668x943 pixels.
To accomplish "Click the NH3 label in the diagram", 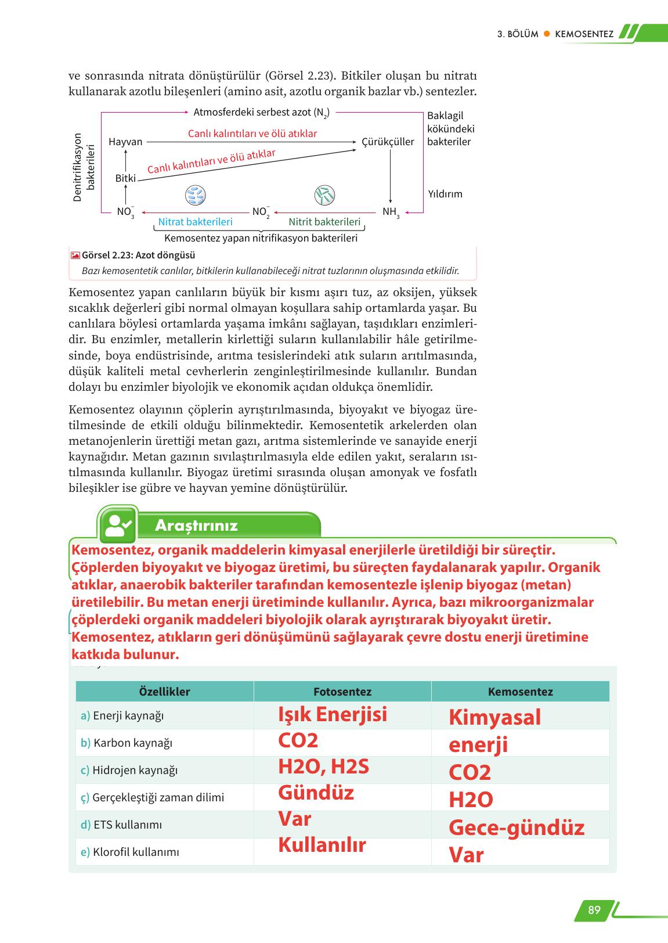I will [x=391, y=213].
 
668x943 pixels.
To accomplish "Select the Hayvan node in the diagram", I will [x=125, y=142].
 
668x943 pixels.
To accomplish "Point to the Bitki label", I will [x=125, y=178].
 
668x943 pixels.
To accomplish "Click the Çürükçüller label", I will [x=388, y=142].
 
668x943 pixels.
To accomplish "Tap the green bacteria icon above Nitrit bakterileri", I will [x=324, y=196].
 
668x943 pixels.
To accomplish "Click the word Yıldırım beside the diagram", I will [x=445, y=194].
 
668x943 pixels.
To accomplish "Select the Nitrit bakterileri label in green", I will [x=324, y=222].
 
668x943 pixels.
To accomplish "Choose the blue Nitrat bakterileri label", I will [x=195, y=222].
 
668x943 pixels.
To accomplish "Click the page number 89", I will [x=594, y=910].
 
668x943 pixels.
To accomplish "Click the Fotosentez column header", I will [x=342, y=692].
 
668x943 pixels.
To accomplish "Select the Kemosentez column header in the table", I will [x=520, y=692].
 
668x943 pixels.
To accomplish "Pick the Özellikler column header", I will [x=164, y=692].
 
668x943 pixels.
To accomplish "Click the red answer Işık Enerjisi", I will [x=333, y=714].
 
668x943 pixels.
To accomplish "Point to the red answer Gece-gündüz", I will [x=516, y=827].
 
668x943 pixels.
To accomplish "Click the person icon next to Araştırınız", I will [x=119, y=525].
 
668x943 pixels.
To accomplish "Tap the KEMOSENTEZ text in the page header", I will [x=584, y=34].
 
